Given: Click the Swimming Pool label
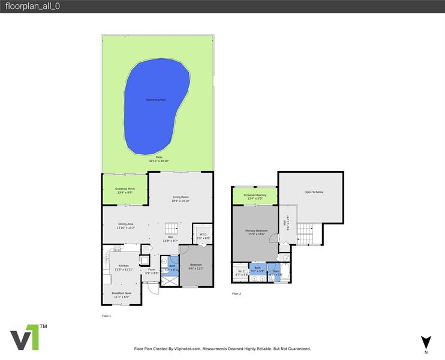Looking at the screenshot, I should [x=155, y=100].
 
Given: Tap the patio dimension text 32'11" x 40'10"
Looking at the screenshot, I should [x=159, y=161].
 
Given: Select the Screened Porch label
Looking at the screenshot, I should [x=125, y=189].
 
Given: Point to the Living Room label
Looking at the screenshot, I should [x=181, y=197].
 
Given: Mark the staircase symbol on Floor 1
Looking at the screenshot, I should [x=172, y=229].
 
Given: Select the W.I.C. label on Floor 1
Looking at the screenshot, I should [x=204, y=235].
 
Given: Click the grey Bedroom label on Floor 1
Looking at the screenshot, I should [x=196, y=265].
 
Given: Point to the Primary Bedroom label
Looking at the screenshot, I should [x=257, y=230].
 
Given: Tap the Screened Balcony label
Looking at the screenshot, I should [x=255, y=195].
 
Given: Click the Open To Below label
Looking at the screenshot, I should [x=314, y=192].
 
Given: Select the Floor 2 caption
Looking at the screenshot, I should [x=236, y=293].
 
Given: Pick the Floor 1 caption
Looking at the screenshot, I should [x=107, y=316].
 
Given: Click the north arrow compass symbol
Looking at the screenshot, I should [x=426, y=343].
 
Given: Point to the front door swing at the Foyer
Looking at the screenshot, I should [x=154, y=288].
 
